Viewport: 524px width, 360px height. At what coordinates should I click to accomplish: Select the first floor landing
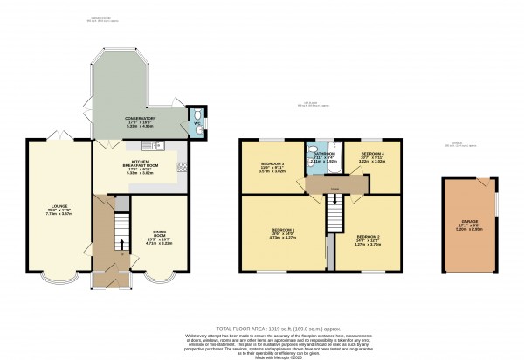click(x=332, y=184)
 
